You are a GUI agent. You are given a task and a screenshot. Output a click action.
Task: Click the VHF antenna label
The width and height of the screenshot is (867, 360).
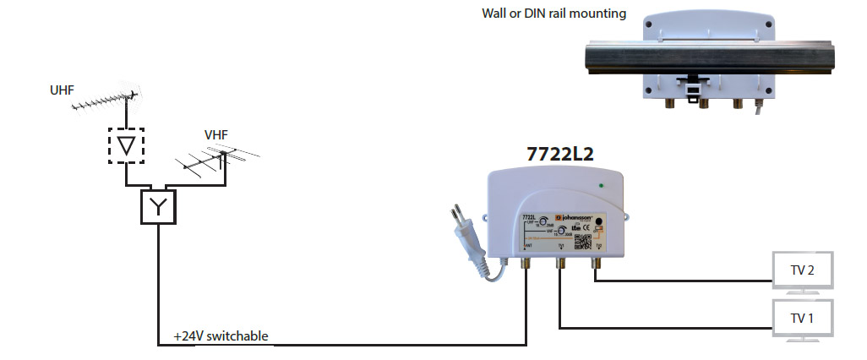216,134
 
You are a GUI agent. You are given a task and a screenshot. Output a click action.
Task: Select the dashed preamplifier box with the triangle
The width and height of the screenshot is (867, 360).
126,145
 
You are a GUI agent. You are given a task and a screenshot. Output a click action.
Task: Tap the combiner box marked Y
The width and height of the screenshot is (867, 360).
158,205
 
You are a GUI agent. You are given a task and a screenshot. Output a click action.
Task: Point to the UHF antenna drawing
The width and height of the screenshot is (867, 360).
105,103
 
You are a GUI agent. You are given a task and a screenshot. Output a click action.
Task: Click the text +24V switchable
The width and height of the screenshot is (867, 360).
221,335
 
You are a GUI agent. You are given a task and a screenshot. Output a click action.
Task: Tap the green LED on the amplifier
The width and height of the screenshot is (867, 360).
600,185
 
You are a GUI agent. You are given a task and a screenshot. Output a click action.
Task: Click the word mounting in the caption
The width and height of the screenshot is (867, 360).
599,14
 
